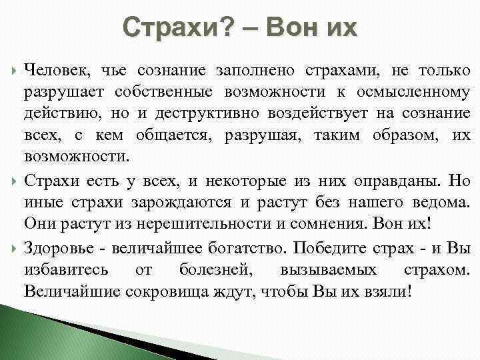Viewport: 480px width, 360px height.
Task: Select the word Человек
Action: [56, 70]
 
